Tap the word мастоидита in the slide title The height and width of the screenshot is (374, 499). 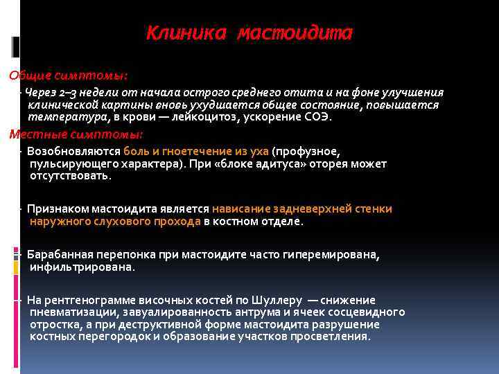pos(295,33)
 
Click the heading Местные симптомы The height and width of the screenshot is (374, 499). pos(76,134)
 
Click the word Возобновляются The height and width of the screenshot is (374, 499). pos(73,151)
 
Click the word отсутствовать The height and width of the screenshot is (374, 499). pos(70,176)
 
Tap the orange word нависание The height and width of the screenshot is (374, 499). pos(242,209)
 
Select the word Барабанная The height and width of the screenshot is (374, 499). pos(60,254)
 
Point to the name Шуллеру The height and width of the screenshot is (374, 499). pos(279,300)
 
